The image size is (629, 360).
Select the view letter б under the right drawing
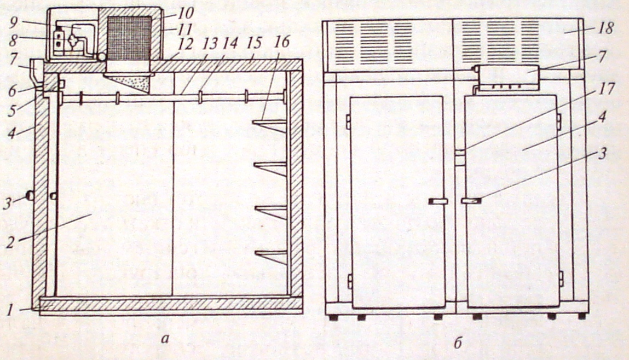pos(459,343)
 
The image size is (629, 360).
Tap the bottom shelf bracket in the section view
pos(270,257)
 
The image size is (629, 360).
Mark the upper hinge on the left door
pos(348,121)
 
